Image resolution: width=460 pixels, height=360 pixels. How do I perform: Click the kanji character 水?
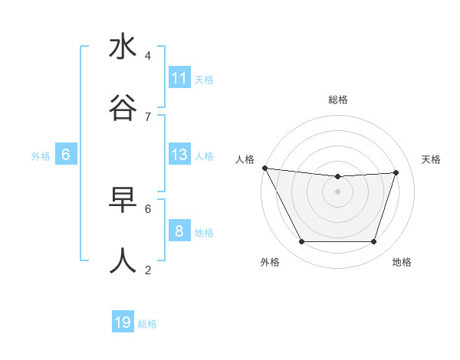pos(123,47)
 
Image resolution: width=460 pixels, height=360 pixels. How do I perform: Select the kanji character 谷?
pos(123,110)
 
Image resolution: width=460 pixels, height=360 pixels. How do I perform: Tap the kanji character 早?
pos(123,200)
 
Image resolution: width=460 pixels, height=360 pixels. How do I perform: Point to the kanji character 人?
pos(123,261)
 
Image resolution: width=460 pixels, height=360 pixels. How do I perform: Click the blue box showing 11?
pos(179,78)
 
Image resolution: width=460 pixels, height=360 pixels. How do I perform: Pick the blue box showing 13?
pos(179,155)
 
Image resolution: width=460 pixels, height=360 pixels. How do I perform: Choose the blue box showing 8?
pos(179,231)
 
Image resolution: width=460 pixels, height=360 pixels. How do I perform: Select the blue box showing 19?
pos(123,322)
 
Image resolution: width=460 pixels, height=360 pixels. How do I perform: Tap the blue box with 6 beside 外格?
pos(66,155)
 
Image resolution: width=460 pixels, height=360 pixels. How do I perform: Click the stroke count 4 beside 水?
pos(148,56)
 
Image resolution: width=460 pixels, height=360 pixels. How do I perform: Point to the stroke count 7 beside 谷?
pos(148,116)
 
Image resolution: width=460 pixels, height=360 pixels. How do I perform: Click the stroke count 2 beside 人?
pos(148,270)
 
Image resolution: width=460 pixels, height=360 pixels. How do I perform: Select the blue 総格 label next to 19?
pos(147,324)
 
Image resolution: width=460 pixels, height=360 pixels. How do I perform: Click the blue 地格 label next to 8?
pos(204,233)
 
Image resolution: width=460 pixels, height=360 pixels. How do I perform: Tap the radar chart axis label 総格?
pos(337,100)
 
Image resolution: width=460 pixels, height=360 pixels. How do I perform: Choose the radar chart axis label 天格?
pos(431,159)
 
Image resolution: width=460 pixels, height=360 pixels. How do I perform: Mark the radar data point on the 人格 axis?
pos(264,168)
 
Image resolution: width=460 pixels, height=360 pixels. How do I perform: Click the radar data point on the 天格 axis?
pos(396,172)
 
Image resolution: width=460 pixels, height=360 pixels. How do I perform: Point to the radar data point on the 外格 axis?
pos(301,242)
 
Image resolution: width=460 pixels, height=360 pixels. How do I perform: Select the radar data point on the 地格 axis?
pos(374,242)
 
